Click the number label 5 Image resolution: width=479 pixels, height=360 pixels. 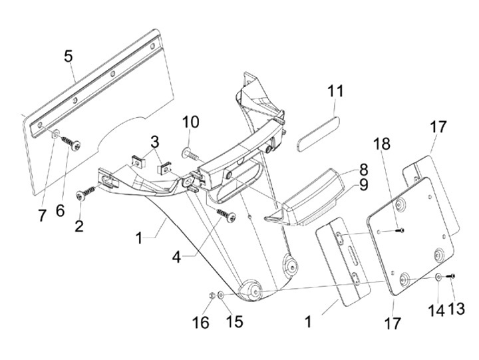(69, 56)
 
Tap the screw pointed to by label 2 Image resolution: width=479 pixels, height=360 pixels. (87, 193)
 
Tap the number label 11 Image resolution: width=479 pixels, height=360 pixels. (335, 91)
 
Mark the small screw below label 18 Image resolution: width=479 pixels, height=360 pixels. (399, 231)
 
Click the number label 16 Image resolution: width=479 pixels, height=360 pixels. (200, 323)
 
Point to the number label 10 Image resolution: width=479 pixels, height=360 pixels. (190, 122)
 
